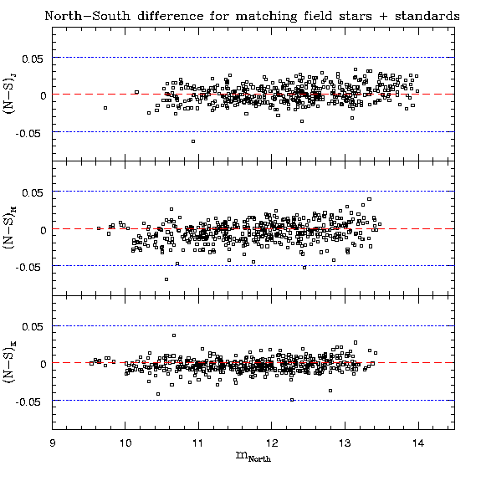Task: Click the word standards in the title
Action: (x=427, y=16)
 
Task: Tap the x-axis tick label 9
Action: (x=53, y=443)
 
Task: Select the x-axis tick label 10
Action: (x=125, y=443)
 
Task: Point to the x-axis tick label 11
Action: (x=198, y=443)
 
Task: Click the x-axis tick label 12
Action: (x=272, y=443)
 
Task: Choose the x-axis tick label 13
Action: (x=345, y=443)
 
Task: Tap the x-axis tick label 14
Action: (x=418, y=443)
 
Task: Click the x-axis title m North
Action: (x=253, y=457)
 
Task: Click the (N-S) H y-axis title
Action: (x=8, y=228)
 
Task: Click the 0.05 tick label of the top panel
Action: (x=33, y=59)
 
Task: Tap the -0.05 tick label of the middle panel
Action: (x=28, y=267)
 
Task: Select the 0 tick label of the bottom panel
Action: (x=43, y=364)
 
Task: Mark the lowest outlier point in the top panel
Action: (x=193, y=141)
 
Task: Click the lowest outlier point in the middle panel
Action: (x=166, y=279)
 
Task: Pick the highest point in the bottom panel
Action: (x=174, y=335)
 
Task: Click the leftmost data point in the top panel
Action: (x=105, y=108)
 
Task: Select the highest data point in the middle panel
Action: (x=370, y=199)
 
